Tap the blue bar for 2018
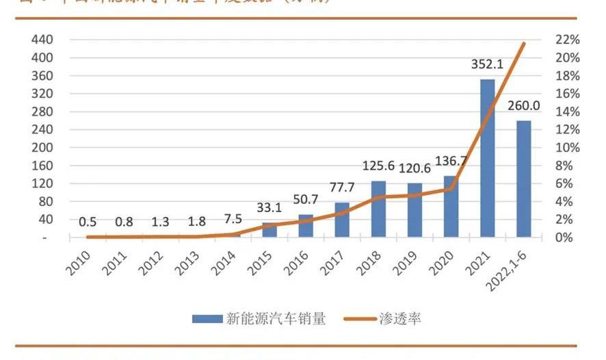coord(378,209)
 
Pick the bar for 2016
coord(306,227)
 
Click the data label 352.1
coord(487,65)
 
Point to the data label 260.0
coord(523,106)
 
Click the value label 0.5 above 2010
coord(88,222)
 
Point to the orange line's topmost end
coord(523,44)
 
